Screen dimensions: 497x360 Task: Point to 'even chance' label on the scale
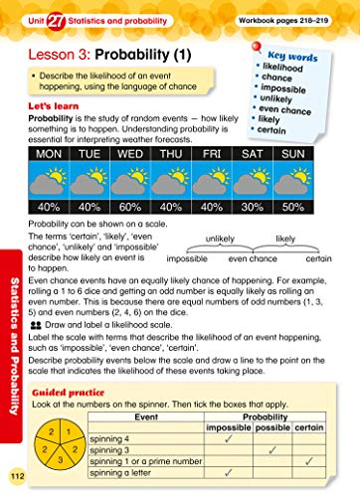pos(252,258)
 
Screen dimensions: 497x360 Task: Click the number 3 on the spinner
pos(60,460)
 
